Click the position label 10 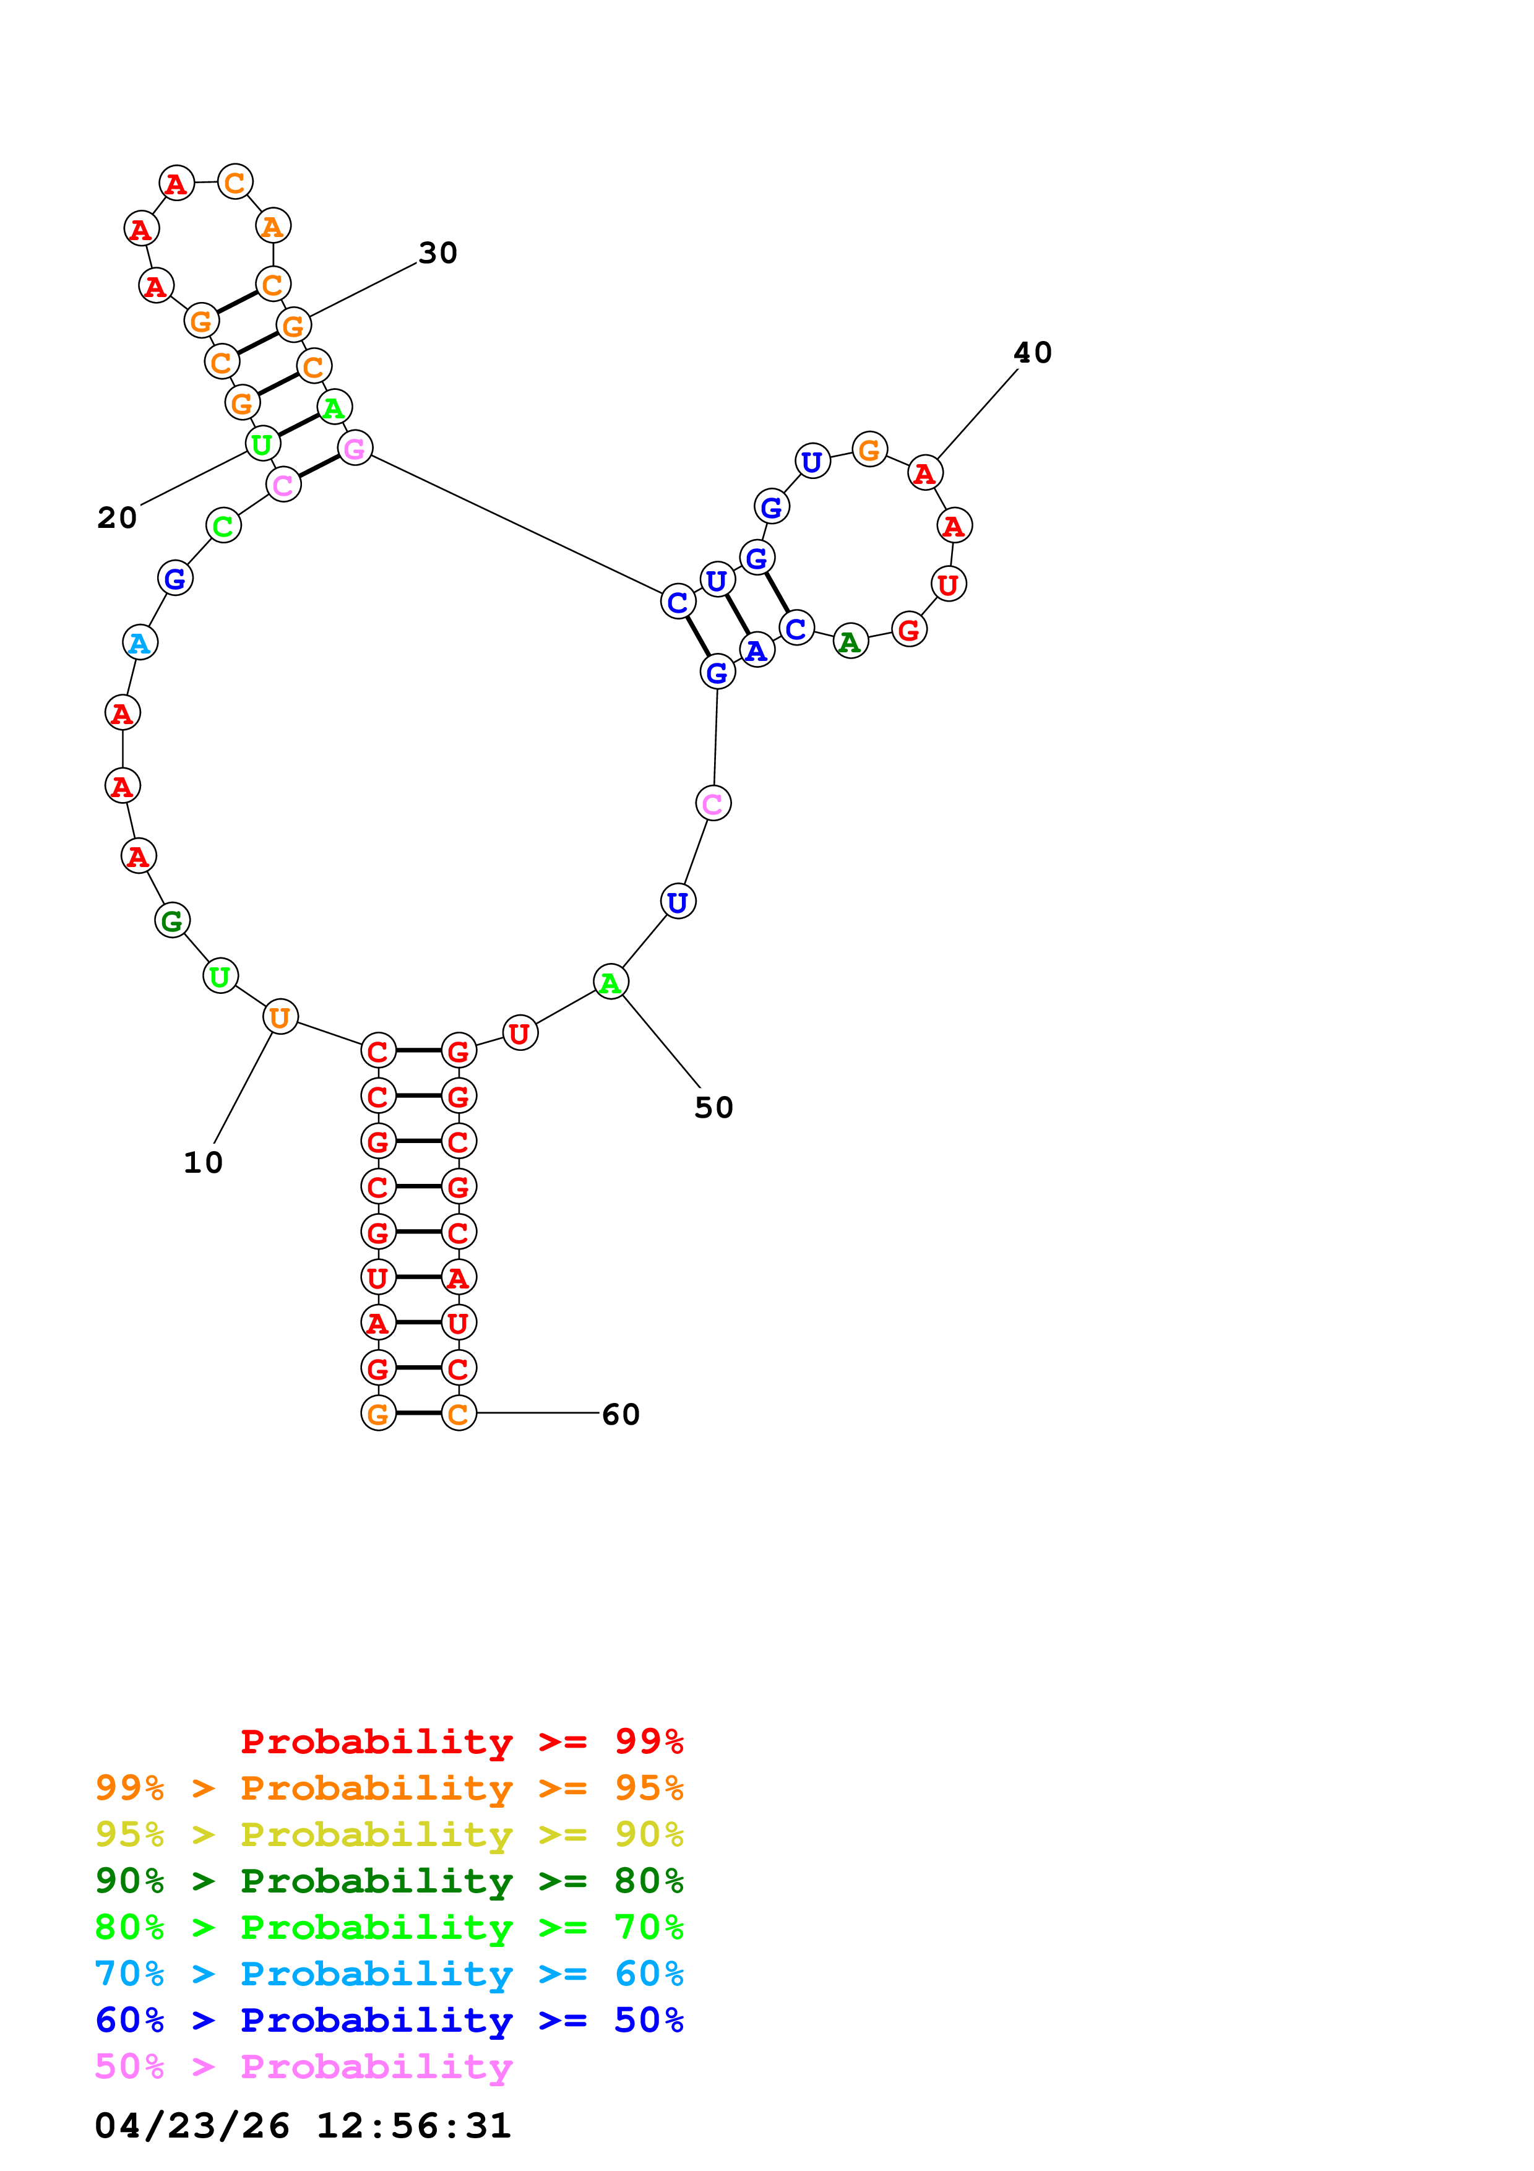[203, 1162]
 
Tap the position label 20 [117, 517]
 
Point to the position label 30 [437, 252]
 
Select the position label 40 [1032, 353]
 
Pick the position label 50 [713, 1107]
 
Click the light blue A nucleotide [140, 643]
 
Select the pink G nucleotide [355, 448]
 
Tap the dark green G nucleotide [172, 920]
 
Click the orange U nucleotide [280, 1017]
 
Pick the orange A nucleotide [272, 227]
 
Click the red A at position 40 [924, 473]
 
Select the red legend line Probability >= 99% [462, 1741]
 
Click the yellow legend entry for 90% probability [389, 1834]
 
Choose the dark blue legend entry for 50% [389, 2020]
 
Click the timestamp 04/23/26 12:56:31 [303, 2126]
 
